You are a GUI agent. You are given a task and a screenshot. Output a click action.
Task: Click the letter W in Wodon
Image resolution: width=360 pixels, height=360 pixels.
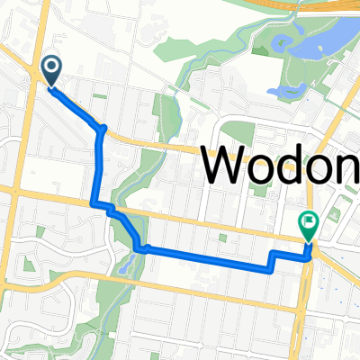[x=226, y=165]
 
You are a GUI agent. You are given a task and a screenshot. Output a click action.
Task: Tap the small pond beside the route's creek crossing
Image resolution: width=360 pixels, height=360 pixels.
[x=132, y=262]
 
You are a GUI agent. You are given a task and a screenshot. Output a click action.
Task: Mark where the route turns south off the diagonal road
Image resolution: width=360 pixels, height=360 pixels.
[x=103, y=129]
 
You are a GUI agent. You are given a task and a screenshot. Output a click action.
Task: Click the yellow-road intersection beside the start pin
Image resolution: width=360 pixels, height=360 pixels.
[x=36, y=86]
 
